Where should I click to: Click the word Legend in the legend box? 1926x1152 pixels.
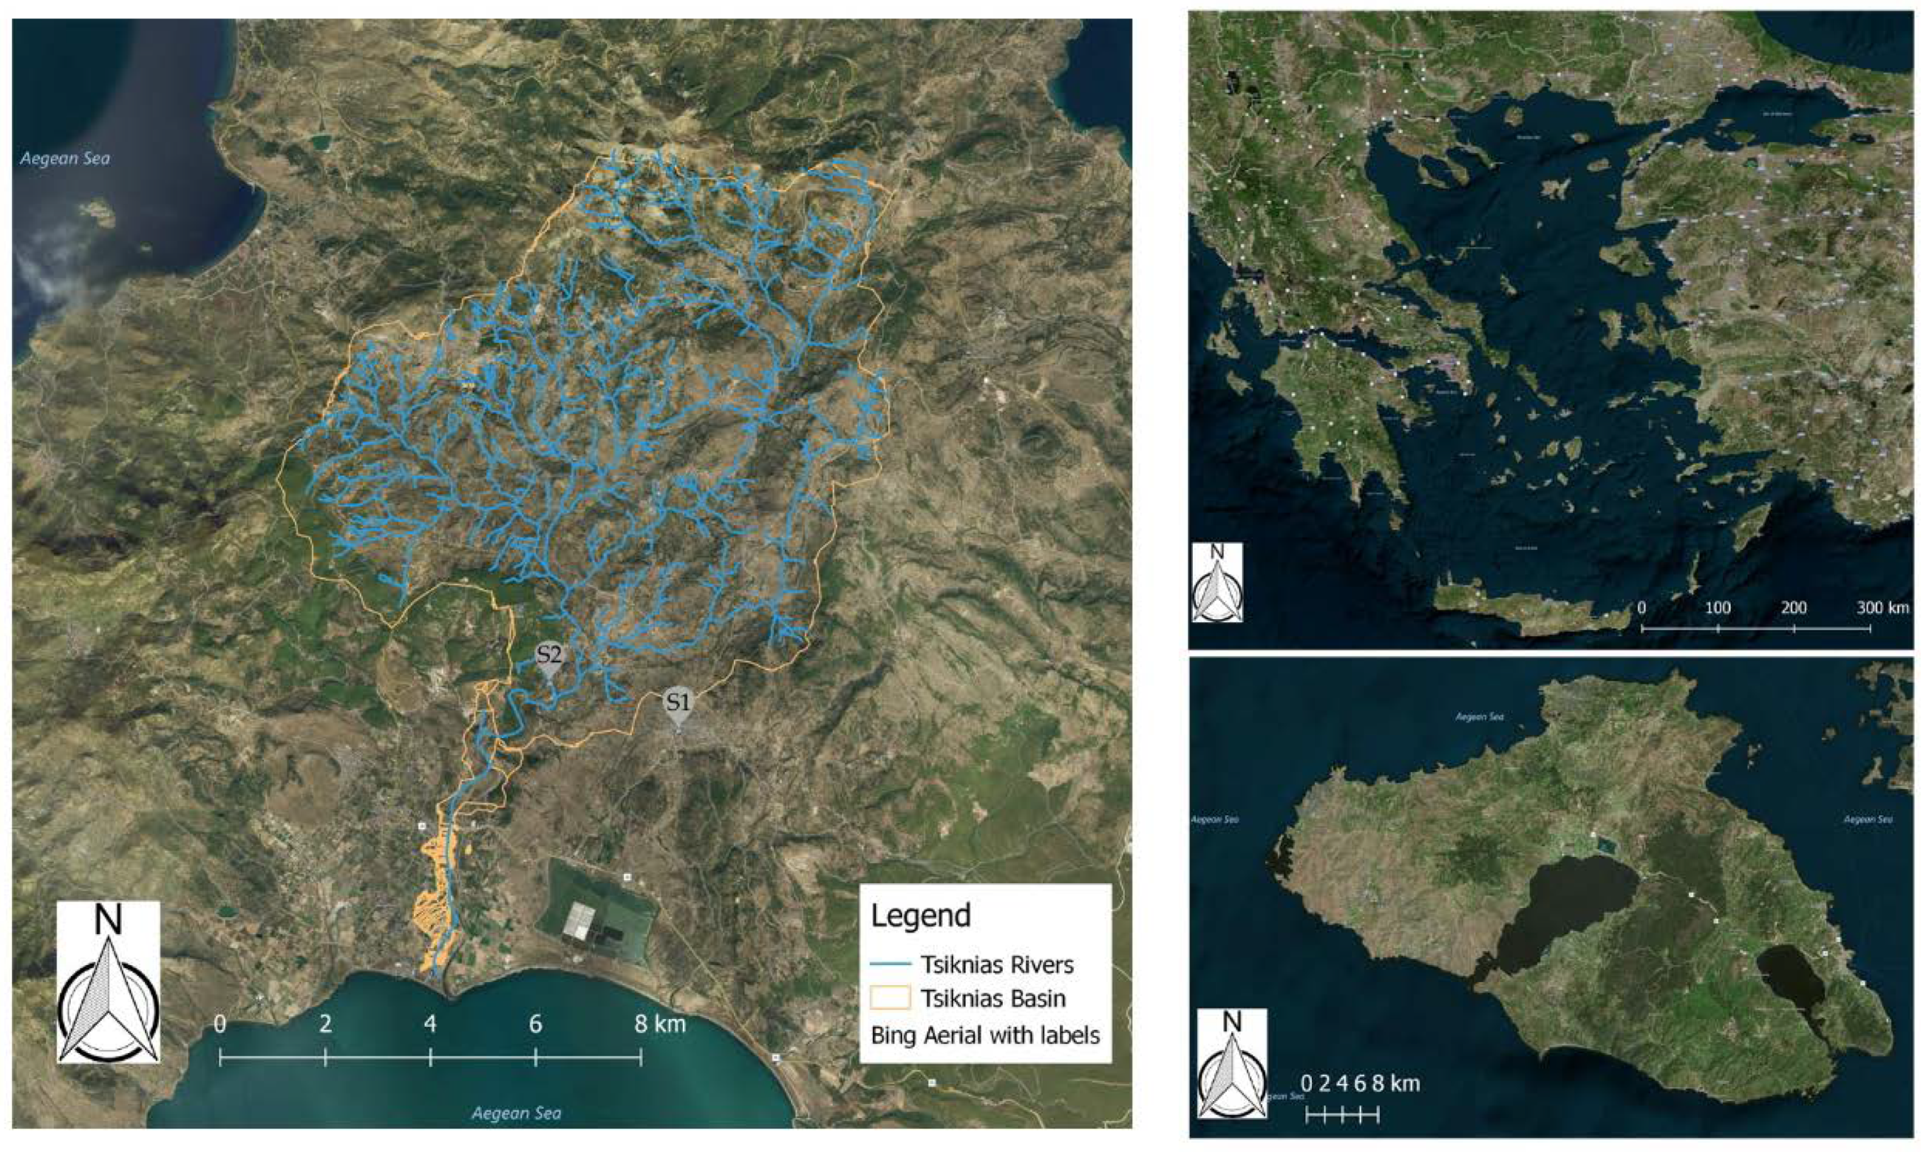[921, 916]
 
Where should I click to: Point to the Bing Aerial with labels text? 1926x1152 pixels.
[986, 1035]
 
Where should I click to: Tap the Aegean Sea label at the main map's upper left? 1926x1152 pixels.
[64, 159]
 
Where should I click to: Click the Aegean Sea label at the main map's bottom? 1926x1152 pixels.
[516, 1113]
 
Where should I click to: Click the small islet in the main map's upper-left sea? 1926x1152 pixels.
[97, 209]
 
